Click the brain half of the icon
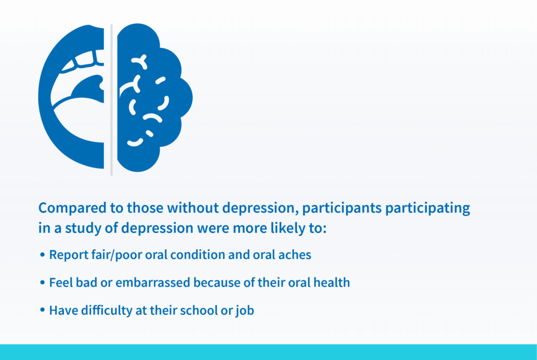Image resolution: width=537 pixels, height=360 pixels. coord(154,97)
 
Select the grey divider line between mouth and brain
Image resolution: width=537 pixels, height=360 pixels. coord(111,100)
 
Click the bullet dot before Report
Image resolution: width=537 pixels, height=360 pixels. coord(42,255)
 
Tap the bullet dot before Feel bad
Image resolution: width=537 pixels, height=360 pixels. coord(42,282)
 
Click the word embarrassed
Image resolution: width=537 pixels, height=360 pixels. coord(153,282)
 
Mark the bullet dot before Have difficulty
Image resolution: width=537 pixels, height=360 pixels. coord(42,310)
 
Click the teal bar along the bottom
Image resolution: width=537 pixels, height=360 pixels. coord(268,352)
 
